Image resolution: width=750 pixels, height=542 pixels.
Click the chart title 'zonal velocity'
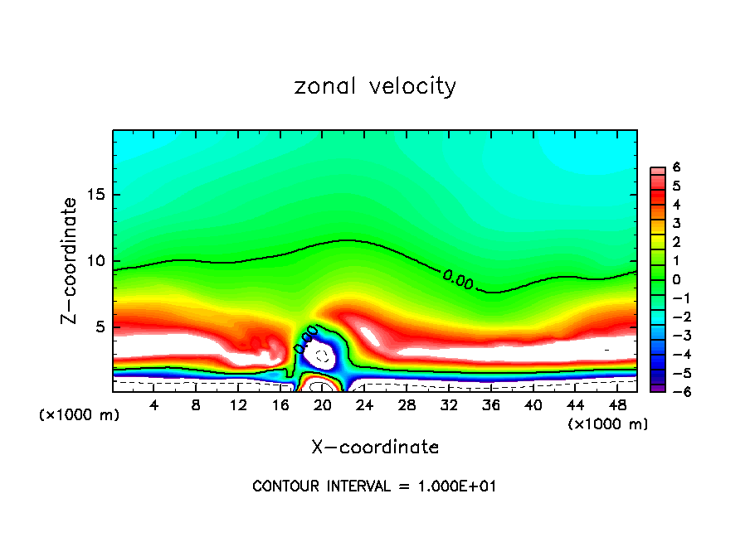point(375,86)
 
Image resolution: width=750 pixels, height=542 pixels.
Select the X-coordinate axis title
point(375,448)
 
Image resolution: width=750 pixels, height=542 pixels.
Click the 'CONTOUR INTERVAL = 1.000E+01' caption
point(374,486)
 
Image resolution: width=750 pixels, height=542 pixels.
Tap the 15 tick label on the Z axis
point(95,196)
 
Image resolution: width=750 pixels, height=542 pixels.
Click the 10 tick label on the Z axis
point(95,261)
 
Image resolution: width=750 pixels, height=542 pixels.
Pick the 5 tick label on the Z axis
point(99,327)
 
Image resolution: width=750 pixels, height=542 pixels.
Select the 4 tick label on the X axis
point(154,405)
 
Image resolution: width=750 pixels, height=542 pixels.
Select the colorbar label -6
point(674,391)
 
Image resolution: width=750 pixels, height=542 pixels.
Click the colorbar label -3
point(674,335)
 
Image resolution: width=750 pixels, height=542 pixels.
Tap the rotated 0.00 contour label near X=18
point(306,339)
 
